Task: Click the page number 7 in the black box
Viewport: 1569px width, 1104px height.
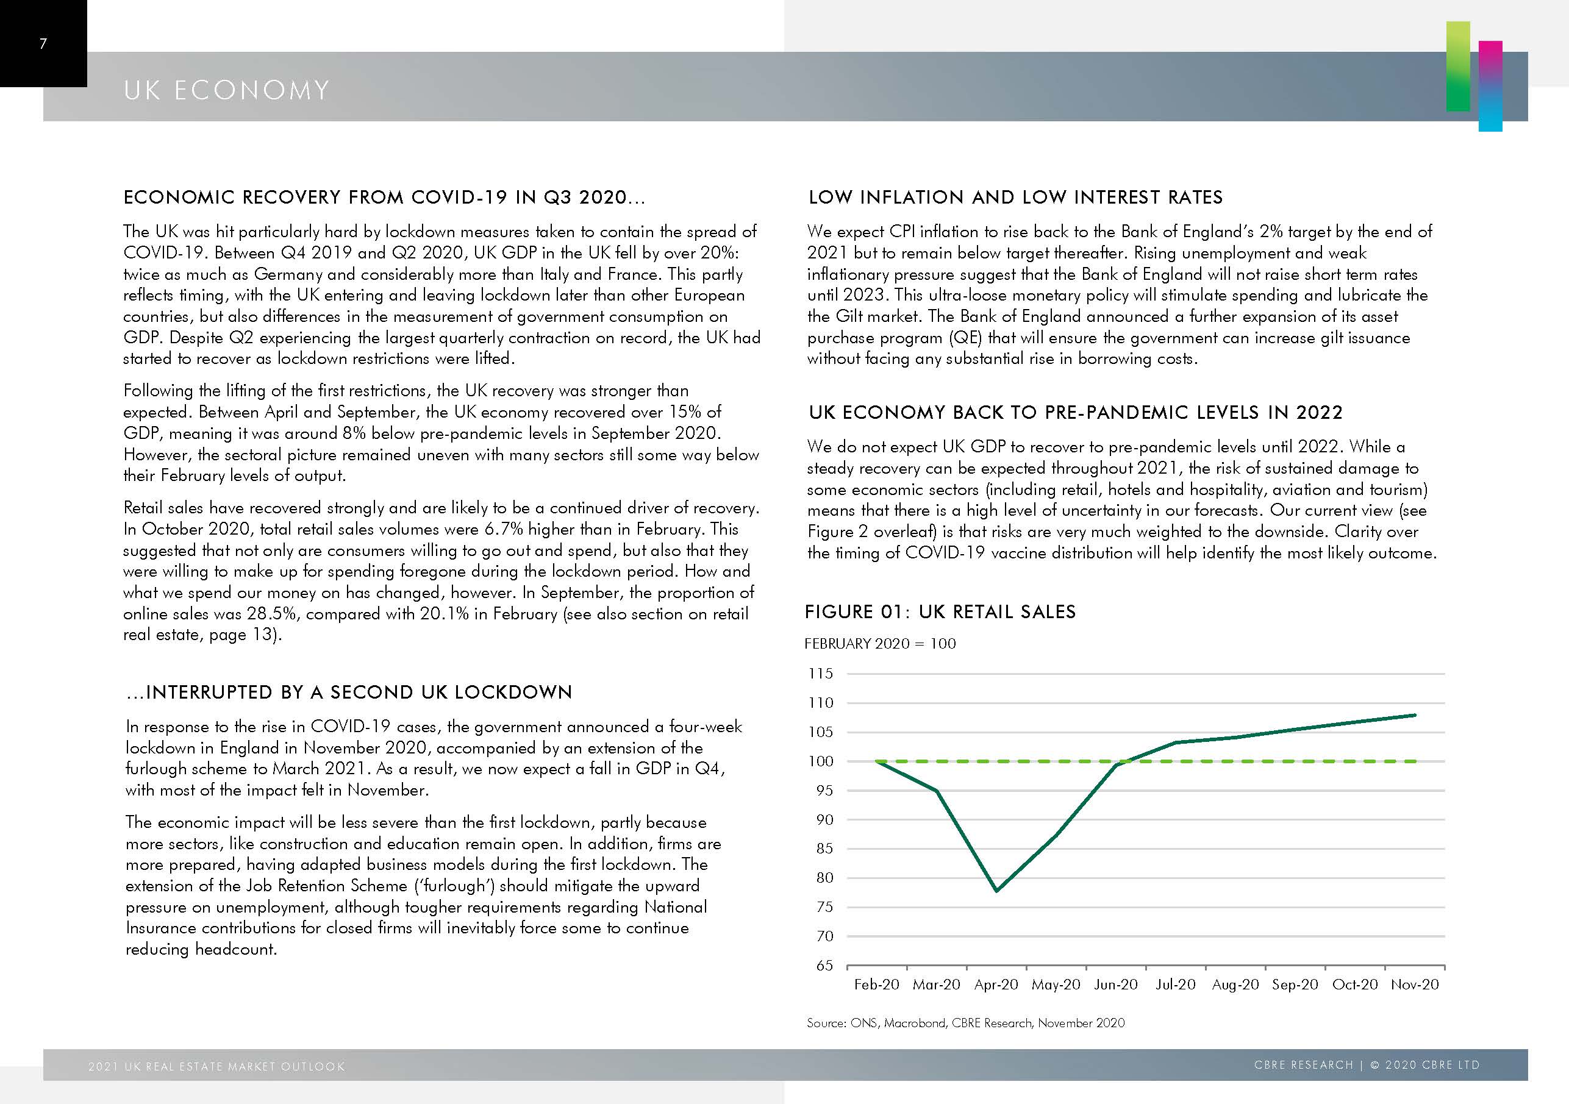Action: coord(43,45)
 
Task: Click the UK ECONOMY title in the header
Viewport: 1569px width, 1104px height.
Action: coord(227,90)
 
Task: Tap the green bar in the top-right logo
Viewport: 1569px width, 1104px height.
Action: coord(1457,66)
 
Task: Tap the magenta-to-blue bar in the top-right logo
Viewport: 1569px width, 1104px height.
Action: coord(1490,86)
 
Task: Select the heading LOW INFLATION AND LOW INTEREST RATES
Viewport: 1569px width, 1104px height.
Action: coord(1015,198)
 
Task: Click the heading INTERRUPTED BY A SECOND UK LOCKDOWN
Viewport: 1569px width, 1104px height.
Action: coord(349,692)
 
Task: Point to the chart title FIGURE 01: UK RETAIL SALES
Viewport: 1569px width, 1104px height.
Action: coord(940,611)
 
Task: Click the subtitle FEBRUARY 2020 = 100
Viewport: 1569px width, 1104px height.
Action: coord(880,644)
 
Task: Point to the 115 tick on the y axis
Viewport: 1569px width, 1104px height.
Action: coord(821,674)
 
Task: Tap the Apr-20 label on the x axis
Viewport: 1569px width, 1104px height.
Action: coord(996,985)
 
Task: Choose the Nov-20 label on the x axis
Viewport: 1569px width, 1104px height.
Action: coord(1415,985)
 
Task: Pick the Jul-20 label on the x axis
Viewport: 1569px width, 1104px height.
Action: coord(1176,985)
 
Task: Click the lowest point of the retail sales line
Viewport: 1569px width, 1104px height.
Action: coord(997,890)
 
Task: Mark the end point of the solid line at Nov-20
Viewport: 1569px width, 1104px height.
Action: coord(1414,715)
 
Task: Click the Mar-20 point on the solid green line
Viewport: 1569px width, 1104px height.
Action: coord(936,791)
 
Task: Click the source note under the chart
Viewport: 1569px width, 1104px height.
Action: coord(965,1023)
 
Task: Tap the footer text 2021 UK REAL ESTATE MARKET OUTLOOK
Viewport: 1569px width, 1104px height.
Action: coord(216,1066)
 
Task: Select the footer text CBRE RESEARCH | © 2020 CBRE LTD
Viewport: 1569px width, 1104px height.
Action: coord(1367,1065)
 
